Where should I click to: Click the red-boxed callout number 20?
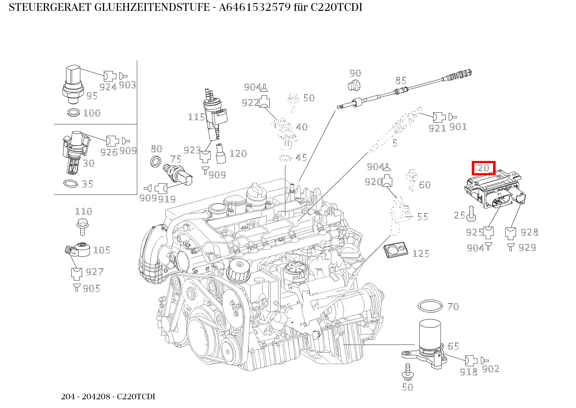(483, 168)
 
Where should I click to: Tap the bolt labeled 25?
(472, 213)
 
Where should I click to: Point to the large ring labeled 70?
(430, 306)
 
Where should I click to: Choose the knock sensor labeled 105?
(79, 250)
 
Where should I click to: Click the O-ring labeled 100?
(74, 113)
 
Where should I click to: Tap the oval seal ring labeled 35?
(71, 184)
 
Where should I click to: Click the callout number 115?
(196, 117)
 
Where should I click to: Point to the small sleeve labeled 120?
(220, 153)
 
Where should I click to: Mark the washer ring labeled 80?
(156, 161)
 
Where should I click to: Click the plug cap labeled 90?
(355, 85)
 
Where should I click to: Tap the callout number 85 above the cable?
(401, 80)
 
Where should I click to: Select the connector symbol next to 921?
(439, 117)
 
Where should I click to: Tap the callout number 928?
(529, 232)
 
